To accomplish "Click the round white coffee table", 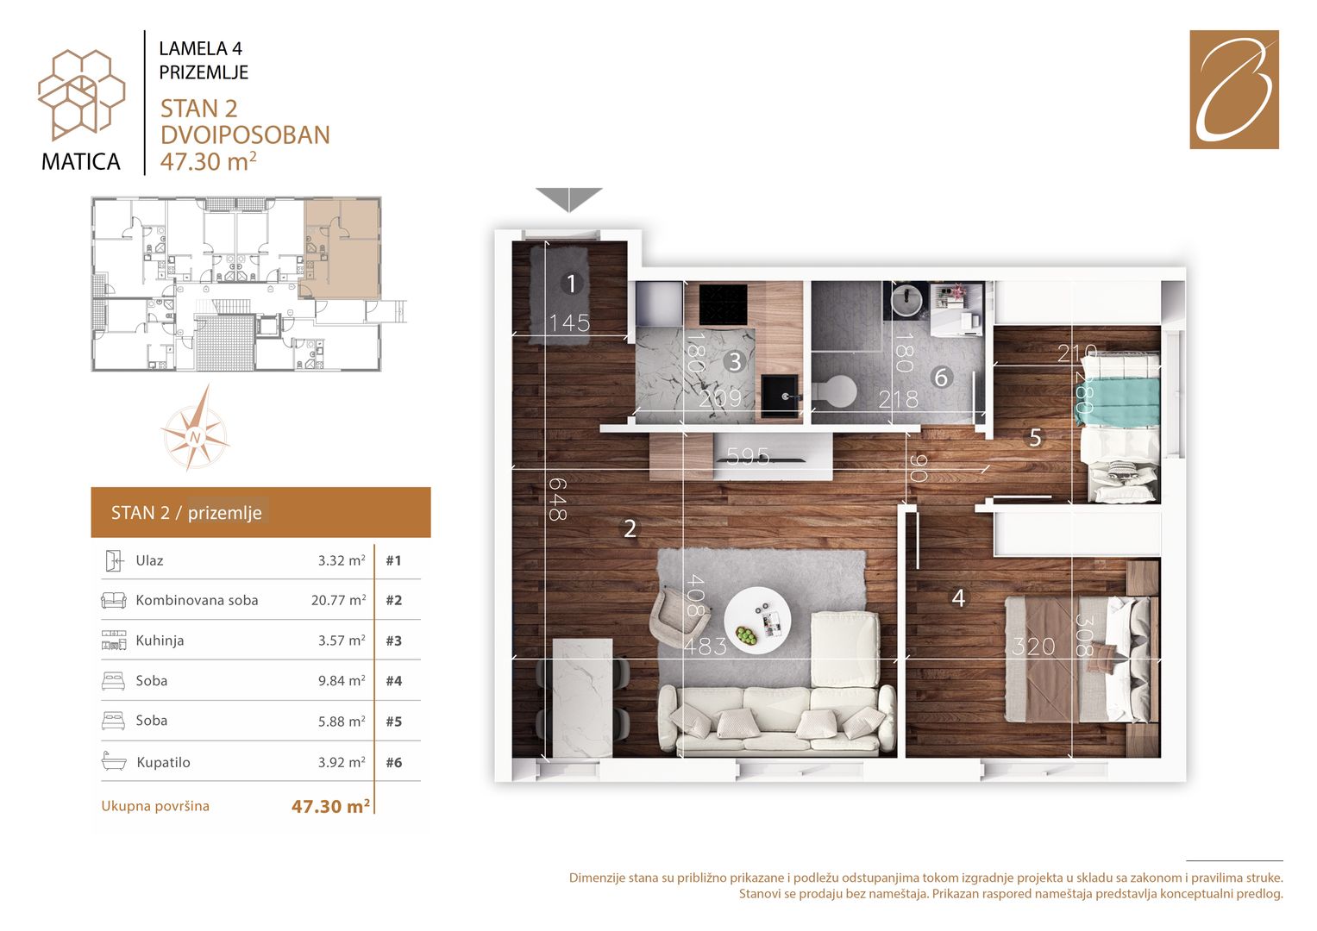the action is click(757, 621).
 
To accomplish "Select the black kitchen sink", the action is click(781, 397).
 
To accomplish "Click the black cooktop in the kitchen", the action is click(723, 304).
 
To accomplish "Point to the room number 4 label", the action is click(958, 598).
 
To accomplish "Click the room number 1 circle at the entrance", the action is click(571, 284).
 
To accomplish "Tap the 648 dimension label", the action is click(557, 499).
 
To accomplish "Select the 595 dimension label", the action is click(748, 456).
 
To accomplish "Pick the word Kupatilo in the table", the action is click(164, 762).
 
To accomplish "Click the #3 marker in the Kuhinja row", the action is click(394, 640).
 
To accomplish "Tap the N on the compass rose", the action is click(195, 437).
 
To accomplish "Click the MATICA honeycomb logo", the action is click(81, 94).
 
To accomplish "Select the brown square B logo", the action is click(1234, 90).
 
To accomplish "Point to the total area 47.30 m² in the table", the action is click(330, 806).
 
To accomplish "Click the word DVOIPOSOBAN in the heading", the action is click(245, 135).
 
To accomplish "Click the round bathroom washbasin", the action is click(907, 298).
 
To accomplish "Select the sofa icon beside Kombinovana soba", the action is click(114, 600).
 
